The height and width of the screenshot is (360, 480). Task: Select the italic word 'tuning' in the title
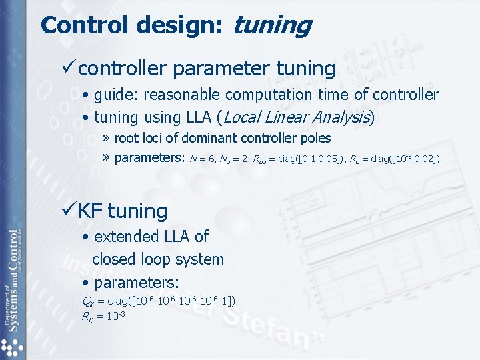pyautogui.click(x=272, y=27)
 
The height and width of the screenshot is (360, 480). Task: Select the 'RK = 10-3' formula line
pyautogui.click(x=103, y=315)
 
